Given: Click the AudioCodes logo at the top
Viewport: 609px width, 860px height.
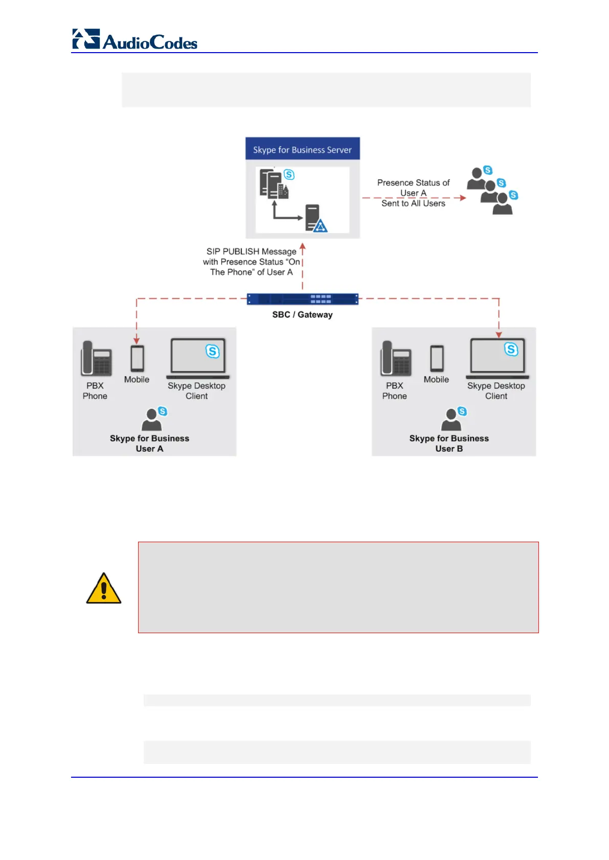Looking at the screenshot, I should click(x=135, y=40).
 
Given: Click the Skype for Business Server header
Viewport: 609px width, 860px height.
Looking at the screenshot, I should click(x=302, y=149).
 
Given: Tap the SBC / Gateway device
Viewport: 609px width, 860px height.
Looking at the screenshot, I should click(x=302, y=299).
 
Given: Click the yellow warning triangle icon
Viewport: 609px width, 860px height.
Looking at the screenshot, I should click(x=104, y=589).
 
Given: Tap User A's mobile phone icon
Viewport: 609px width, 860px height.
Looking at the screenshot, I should click(x=137, y=358).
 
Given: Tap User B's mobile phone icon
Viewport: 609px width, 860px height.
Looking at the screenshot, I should click(x=437, y=358).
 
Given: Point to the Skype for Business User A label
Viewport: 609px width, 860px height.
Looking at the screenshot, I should click(x=149, y=444).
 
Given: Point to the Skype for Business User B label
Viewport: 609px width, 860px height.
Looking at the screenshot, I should click(x=449, y=444).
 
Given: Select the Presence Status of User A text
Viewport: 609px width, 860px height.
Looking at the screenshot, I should click(x=413, y=193).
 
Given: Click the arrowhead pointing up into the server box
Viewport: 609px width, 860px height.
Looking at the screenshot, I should click(x=302, y=247).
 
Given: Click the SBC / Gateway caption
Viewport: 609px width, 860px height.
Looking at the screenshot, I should click(x=302, y=315).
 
